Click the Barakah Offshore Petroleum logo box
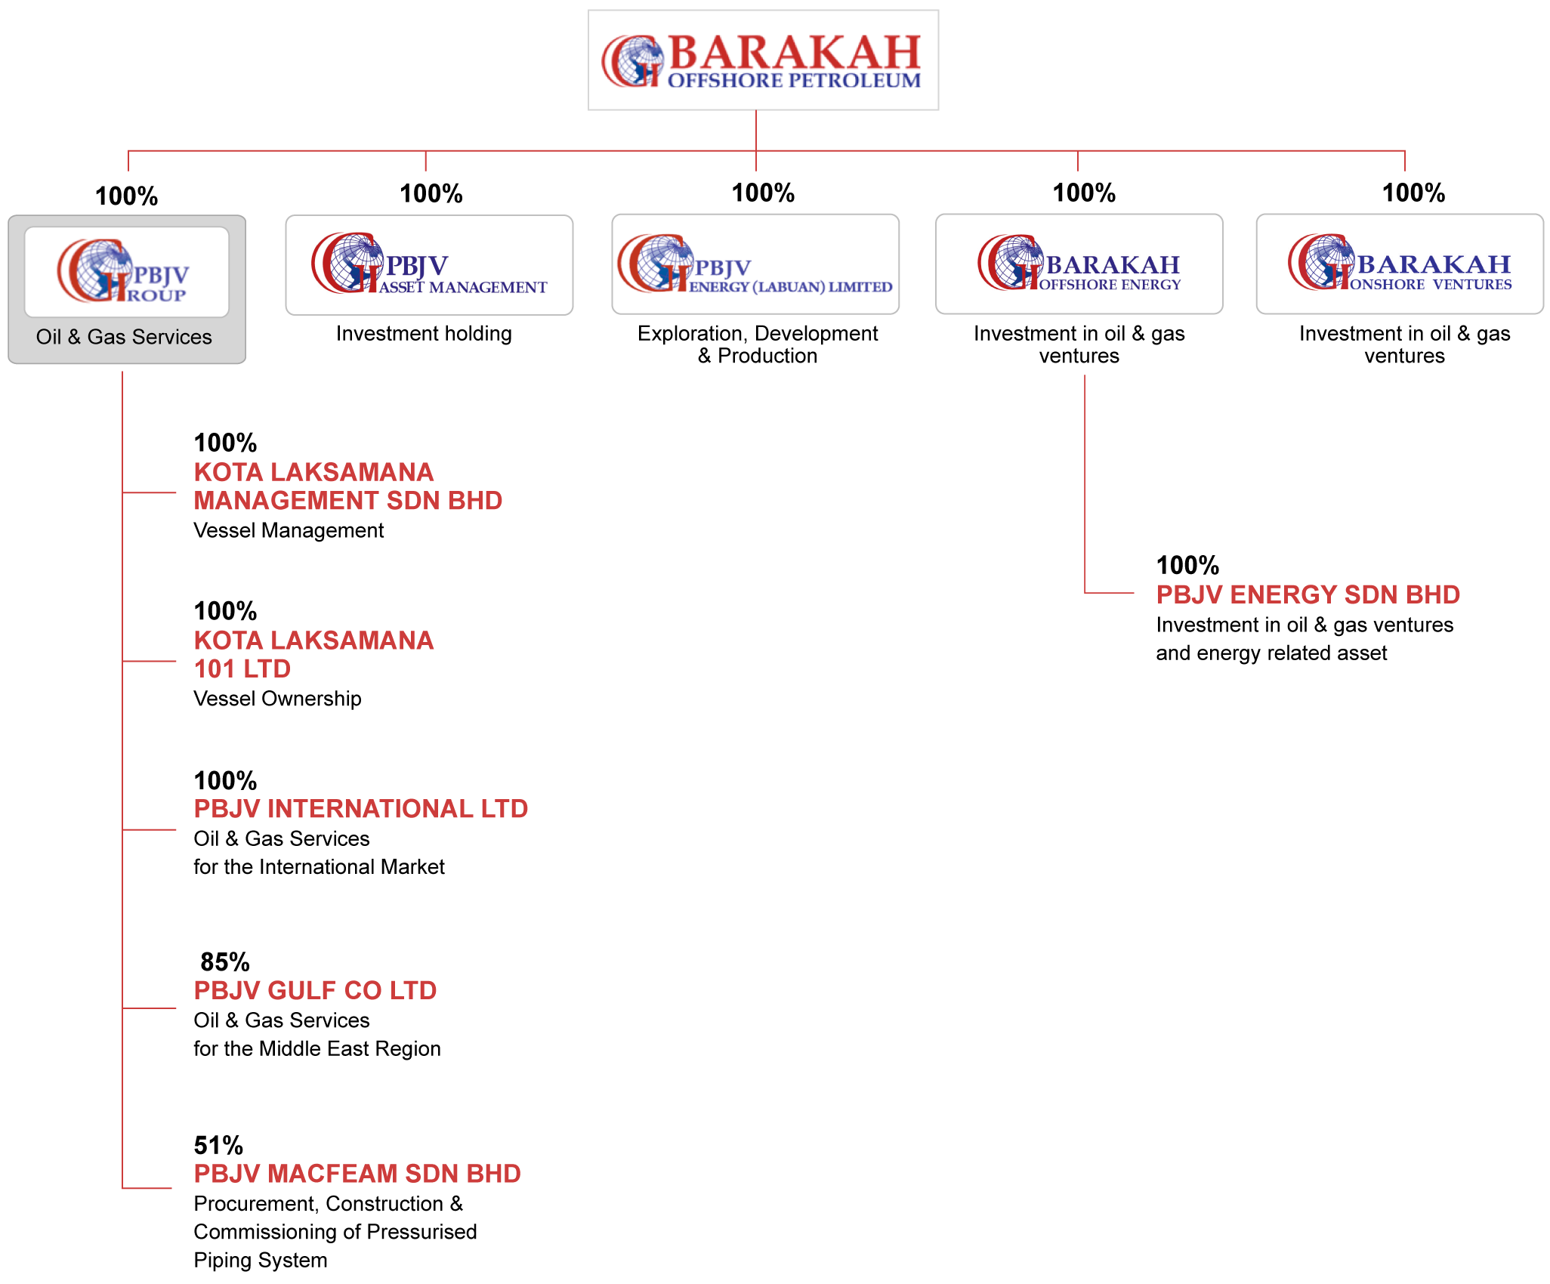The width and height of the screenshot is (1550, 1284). [x=763, y=60]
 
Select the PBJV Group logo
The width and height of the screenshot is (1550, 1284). [x=127, y=272]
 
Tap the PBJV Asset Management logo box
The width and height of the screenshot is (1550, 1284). [x=429, y=265]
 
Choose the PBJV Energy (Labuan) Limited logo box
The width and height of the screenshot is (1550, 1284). [x=755, y=264]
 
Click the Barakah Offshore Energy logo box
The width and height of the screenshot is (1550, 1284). [x=1079, y=264]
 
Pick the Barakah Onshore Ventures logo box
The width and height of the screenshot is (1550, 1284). [x=1400, y=264]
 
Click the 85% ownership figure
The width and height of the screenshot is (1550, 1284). [x=225, y=961]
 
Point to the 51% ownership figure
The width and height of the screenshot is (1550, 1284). [x=218, y=1145]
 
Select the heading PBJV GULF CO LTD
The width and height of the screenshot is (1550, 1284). [x=315, y=990]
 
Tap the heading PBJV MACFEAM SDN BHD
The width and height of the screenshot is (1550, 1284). [x=357, y=1173]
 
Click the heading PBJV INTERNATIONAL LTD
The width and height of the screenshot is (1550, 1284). [x=361, y=808]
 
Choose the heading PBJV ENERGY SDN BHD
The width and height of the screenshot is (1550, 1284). [x=1308, y=594]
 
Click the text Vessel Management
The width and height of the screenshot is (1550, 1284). [x=289, y=530]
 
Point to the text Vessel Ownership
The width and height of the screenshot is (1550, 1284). [x=277, y=699]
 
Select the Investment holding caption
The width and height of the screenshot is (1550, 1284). [x=424, y=333]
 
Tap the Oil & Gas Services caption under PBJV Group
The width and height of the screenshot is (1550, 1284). [x=124, y=337]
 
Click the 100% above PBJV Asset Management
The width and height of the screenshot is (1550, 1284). [x=431, y=193]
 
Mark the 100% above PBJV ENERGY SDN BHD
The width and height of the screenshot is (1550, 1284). [x=1187, y=565]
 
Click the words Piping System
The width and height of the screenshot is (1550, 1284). [x=261, y=1260]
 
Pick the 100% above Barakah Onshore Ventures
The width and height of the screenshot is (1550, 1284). [x=1413, y=193]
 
